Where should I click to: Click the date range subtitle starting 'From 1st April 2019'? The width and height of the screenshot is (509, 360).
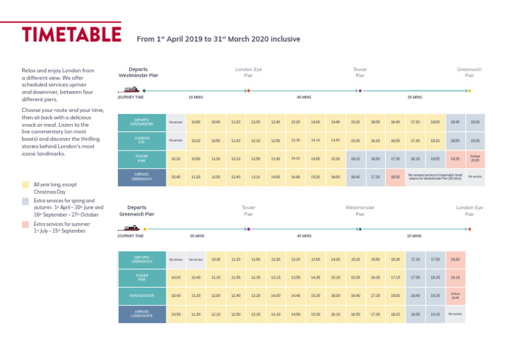(x=218, y=39)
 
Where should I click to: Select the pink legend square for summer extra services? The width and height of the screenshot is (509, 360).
(x=25, y=225)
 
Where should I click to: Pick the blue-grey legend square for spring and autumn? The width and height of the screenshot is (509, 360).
(x=25, y=200)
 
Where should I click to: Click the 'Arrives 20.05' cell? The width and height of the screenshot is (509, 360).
(x=475, y=158)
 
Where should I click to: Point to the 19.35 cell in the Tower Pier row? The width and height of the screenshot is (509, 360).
(x=455, y=158)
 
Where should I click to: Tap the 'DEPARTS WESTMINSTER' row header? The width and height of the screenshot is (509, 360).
(x=142, y=122)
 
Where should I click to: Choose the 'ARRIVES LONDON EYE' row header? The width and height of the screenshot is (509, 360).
(x=142, y=314)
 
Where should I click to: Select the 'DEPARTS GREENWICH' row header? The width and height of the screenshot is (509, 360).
(x=142, y=260)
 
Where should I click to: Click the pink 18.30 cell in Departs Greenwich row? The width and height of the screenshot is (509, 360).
(x=455, y=259)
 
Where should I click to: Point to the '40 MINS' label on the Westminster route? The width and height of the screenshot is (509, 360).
(x=304, y=97)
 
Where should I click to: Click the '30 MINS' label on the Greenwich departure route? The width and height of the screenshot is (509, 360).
(x=196, y=236)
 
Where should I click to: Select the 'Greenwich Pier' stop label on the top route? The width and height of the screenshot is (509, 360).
(x=469, y=72)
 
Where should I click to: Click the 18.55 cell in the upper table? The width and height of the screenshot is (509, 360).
(x=435, y=158)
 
